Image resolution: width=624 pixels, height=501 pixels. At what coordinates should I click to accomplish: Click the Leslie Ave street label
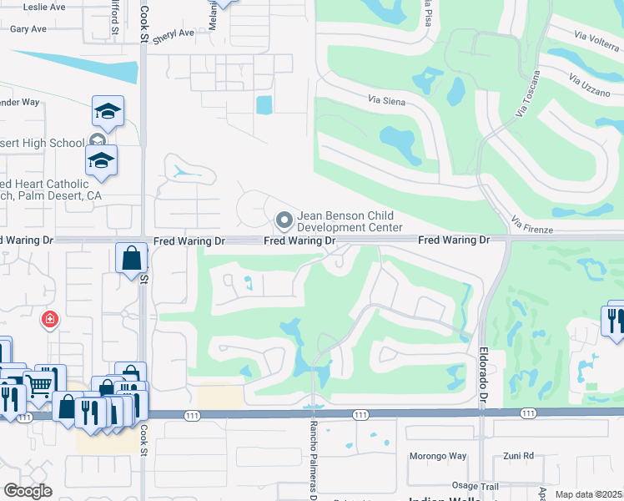[44, 7]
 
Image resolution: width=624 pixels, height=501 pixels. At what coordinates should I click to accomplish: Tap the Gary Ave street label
[28, 28]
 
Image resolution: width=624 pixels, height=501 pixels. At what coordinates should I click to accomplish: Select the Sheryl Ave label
[173, 33]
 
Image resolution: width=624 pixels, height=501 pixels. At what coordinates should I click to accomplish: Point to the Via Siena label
[385, 99]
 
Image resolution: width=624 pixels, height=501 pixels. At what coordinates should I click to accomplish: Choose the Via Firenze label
[530, 222]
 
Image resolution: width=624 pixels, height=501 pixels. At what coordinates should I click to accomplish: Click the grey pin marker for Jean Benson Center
[284, 221]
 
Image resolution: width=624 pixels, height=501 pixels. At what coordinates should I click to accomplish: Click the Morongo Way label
[438, 456]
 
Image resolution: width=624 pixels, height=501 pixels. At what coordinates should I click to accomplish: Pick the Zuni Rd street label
[518, 456]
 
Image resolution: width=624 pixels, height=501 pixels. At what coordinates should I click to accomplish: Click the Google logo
[28, 491]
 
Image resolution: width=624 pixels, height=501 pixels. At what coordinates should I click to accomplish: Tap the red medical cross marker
[50, 319]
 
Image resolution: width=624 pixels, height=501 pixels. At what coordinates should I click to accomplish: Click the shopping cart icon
[38, 384]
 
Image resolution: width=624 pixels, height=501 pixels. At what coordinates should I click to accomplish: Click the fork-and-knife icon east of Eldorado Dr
[614, 321]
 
